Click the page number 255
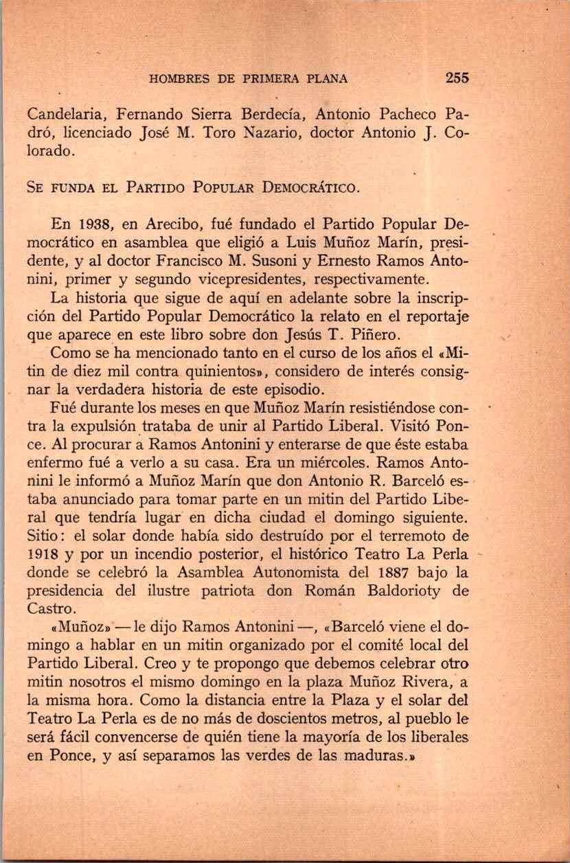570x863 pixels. pos(456,78)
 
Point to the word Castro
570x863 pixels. pos(51,608)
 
